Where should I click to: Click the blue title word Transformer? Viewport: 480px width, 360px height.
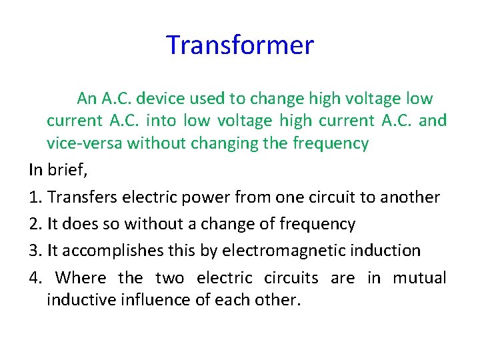[x=239, y=45]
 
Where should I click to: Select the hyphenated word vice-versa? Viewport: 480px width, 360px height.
[x=85, y=143]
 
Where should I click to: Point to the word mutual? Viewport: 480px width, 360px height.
[x=419, y=277]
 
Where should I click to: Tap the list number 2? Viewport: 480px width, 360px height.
[x=34, y=224]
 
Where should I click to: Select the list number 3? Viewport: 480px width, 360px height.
[x=34, y=251]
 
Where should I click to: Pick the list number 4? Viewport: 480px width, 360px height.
[x=34, y=277]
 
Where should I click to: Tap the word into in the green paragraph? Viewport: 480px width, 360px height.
[x=163, y=121]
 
